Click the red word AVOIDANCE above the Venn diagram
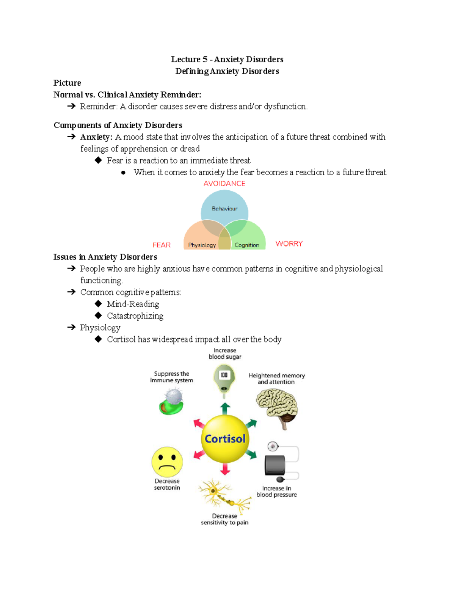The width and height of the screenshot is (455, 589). click(224, 184)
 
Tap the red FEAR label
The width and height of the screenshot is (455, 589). click(162, 245)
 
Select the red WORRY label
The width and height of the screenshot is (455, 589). click(289, 243)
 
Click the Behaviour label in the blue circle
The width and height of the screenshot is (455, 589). click(224, 209)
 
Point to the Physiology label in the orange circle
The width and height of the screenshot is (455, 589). click(202, 245)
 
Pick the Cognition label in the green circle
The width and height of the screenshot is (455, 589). click(247, 245)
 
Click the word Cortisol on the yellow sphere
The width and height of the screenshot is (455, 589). click(225, 439)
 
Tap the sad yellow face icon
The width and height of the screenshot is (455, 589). click(167, 462)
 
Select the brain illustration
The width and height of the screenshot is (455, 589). click(277, 408)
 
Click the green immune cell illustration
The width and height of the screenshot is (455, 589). click(171, 403)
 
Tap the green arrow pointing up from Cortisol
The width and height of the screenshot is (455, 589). click(225, 408)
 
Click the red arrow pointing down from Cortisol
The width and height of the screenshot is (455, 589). click(225, 469)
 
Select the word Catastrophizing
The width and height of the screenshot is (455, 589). click(135, 316)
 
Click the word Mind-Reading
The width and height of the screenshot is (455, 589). click(133, 304)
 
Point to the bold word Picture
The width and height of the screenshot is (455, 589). click(67, 83)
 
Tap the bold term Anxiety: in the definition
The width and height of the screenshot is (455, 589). click(96, 137)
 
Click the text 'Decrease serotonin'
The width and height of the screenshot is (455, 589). click(167, 484)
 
